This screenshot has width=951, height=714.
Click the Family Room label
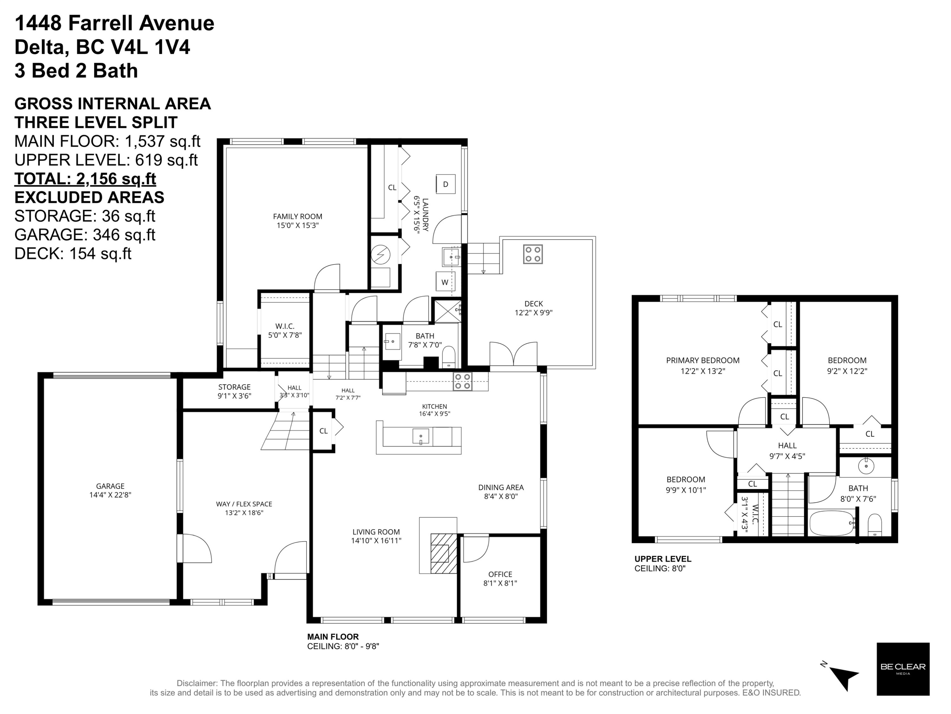coord(298,216)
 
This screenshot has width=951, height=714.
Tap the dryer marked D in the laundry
coord(445,184)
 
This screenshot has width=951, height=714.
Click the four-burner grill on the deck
coord(533,254)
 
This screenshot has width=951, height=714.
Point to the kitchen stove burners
coord(463,382)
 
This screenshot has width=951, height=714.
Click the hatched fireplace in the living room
coord(443,553)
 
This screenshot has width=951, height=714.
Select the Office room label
coord(500,574)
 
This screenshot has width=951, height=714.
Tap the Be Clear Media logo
coord(903,669)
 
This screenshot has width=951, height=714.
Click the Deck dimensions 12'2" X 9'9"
coord(534,313)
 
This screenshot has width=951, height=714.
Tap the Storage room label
coord(234,387)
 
